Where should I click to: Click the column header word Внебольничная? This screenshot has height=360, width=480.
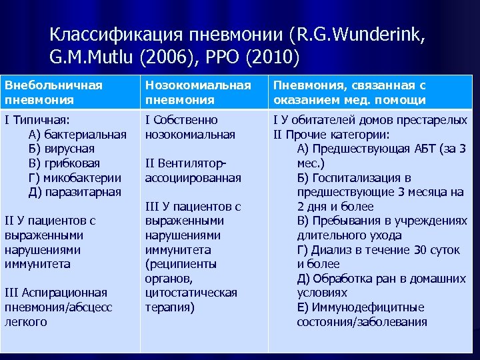coord(53,86)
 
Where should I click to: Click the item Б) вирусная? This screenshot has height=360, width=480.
coord(61,149)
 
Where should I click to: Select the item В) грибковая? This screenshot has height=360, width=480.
coord(64,163)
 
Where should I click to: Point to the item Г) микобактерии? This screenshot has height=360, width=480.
coord(75,177)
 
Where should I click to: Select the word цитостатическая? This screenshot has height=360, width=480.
coord(191,293)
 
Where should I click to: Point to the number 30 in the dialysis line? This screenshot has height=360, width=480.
coord(419,250)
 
